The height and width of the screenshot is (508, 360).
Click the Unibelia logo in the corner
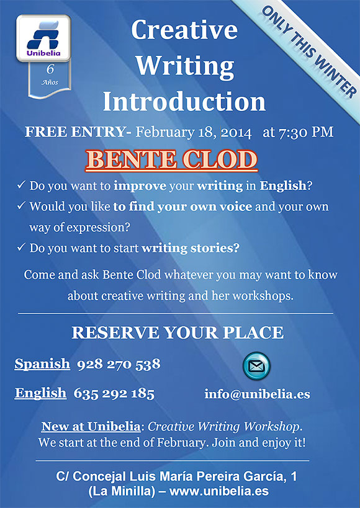(43, 38)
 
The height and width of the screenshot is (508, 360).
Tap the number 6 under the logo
(50, 69)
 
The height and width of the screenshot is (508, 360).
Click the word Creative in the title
(184, 30)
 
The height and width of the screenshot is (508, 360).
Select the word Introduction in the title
(184, 101)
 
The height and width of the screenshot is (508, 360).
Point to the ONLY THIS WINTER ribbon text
(309, 51)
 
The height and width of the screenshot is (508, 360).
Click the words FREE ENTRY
(74, 132)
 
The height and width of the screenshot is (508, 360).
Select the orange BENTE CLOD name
(171, 161)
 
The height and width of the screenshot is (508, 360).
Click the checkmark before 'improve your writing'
(21, 185)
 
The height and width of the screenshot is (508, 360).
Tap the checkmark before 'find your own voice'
(21, 206)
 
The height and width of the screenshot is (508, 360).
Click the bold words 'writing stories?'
(191, 248)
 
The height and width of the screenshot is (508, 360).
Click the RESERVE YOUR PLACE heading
(178, 332)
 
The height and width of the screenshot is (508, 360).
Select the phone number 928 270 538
(119, 364)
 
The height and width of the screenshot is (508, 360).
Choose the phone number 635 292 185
(114, 394)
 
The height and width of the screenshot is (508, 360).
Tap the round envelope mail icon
(256, 366)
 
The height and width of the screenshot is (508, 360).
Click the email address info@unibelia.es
(257, 394)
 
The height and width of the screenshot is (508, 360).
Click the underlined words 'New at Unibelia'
(91, 426)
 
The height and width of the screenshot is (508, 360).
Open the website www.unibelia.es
(219, 491)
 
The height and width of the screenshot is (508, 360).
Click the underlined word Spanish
(42, 364)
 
